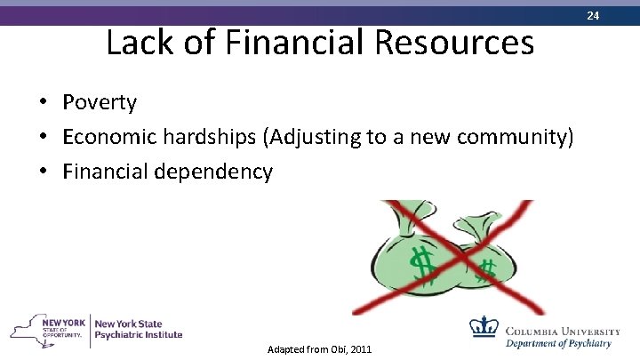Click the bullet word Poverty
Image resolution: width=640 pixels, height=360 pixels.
click(x=100, y=103)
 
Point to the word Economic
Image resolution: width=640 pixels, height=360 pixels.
click(x=108, y=137)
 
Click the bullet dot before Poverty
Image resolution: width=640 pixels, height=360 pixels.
click(x=43, y=103)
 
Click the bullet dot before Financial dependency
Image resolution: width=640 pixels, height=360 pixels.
click(x=43, y=171)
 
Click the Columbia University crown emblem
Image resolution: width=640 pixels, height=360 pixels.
click(x=484, y=327)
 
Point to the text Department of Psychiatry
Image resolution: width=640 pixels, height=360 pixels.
click(x=558, y=343)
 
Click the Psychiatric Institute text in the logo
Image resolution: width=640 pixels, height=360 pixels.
click(x=138, y=335)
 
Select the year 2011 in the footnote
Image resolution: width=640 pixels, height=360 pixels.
click(x=360, y=349)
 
